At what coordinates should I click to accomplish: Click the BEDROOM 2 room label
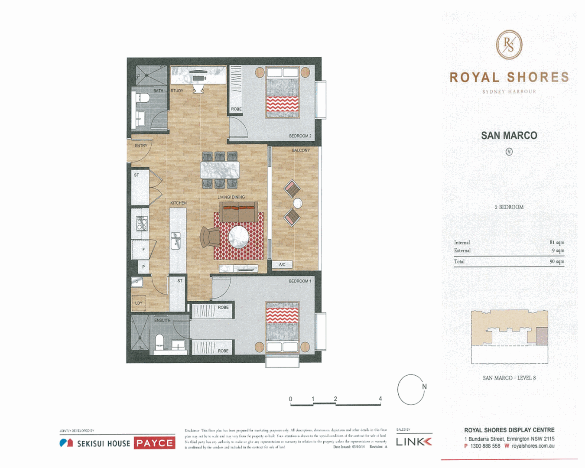click(300, 136)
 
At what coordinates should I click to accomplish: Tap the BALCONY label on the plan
click(301, 150)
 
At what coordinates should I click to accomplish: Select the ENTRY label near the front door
click(141, 146)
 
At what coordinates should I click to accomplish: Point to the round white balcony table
click(298, 203)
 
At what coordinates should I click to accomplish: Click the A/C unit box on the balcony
click(282, 264)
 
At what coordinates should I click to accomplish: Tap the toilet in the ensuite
click(159, 342)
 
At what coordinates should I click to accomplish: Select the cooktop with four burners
click(142, 223)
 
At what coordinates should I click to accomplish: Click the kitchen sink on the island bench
click(175, 240)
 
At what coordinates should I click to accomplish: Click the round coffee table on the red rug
click(238, 237)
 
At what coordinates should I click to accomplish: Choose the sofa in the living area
click(239, 212)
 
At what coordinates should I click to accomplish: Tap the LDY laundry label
click(139, 303)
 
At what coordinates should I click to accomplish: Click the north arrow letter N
click(424, 387)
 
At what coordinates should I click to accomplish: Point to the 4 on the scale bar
click(380, 399)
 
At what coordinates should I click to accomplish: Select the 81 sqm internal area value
click(557, 243)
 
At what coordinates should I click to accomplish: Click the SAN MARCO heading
click(509, 136)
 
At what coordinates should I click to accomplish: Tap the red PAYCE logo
click(155, 443)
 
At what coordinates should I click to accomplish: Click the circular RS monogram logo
click(509, 45)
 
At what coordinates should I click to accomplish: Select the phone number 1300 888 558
click(485, 446)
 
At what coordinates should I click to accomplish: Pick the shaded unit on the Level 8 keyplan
click(542, 336)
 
